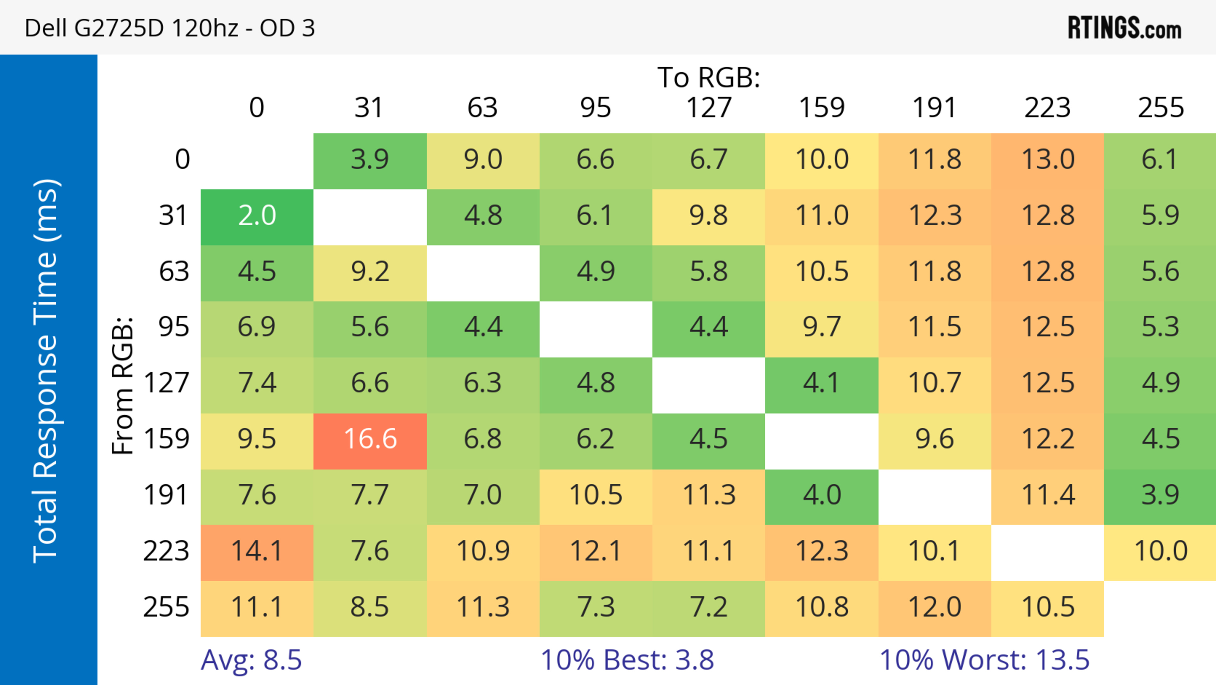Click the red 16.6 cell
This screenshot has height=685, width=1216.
pos(370,439)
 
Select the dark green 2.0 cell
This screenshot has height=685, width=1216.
pos(257,216)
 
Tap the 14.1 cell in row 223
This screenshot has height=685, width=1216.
pos(257,551)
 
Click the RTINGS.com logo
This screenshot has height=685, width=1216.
pos(1124,28)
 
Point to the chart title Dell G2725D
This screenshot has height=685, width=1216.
pos(169,28)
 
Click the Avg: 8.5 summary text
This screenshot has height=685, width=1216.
pos(251,660)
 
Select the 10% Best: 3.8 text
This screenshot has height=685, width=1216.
pos(627,660)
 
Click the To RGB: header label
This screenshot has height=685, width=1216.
pos(709,77)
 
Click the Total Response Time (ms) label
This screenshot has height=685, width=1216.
pos(46,371)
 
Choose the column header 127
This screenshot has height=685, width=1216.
pos(709,108)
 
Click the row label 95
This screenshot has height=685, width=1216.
pos(174,327)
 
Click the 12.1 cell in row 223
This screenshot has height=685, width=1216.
pos(596,551)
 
